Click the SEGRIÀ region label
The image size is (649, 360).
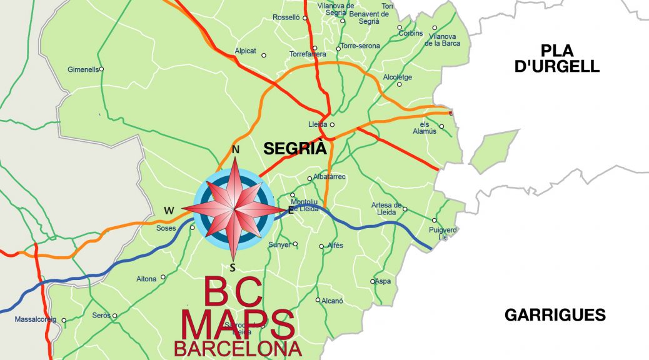coord(295,149)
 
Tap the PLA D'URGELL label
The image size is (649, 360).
coord(556,58)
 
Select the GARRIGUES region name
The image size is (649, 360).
coord(555,315)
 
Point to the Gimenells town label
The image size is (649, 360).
coord(83,69)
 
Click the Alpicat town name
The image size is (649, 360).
coord(245,51)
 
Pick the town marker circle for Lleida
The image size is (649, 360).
coord(332,124)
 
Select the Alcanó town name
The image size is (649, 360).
coord(333,301)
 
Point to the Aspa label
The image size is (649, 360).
coord(383,281)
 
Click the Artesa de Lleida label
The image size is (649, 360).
coord(386,209)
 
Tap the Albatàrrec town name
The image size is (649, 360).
coord(330,177)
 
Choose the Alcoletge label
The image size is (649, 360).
coord(397,77)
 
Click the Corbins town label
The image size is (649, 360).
coord(411,33)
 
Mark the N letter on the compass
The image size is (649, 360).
coord(236,150)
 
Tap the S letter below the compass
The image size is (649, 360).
coord(233,268)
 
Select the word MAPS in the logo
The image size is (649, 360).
coord(238,324)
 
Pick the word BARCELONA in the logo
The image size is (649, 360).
coord(238,349)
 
